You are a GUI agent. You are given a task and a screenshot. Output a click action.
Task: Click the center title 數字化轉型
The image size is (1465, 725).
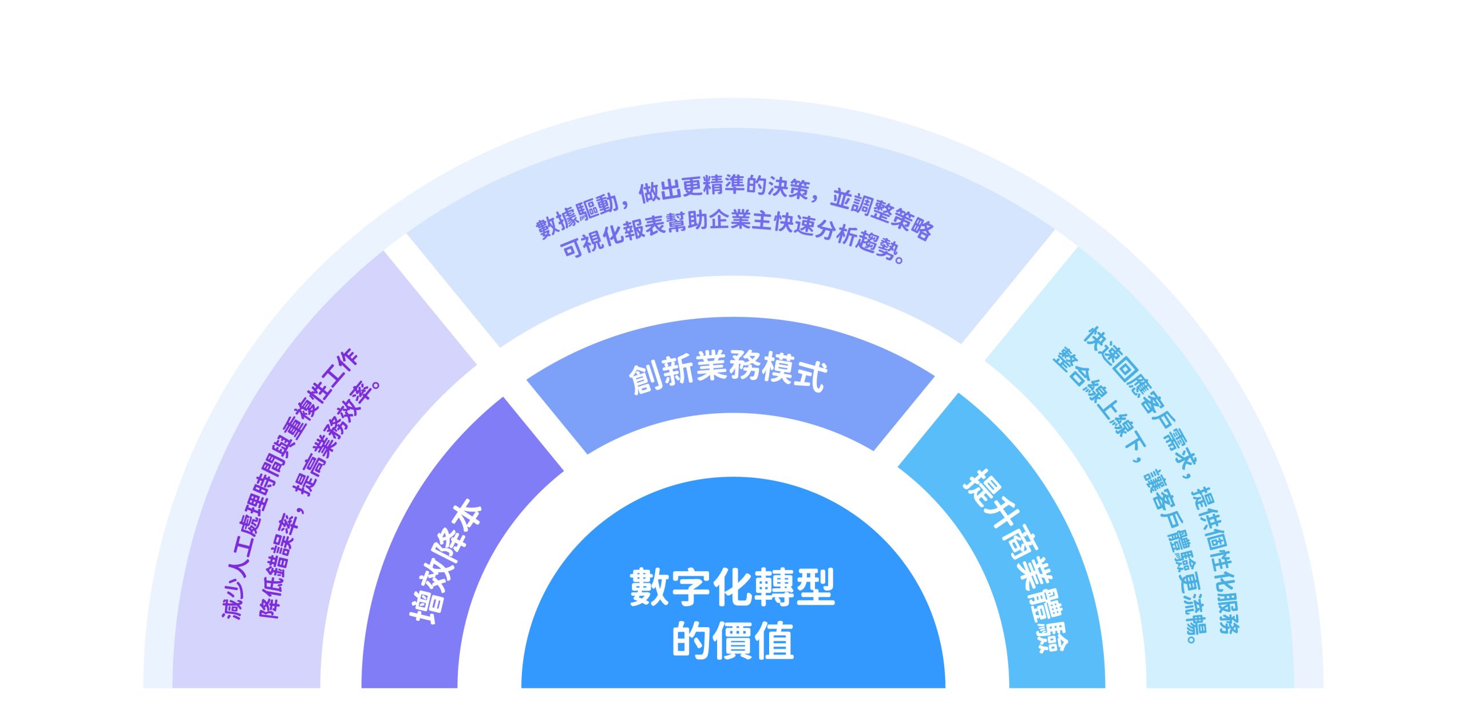coord(732,587)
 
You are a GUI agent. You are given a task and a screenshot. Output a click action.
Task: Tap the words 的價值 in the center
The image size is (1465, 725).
coord(732,641)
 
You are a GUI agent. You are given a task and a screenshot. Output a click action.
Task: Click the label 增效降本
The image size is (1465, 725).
coord(445,561)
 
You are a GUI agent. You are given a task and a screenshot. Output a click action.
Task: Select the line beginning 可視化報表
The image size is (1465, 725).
coord(732,232)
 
